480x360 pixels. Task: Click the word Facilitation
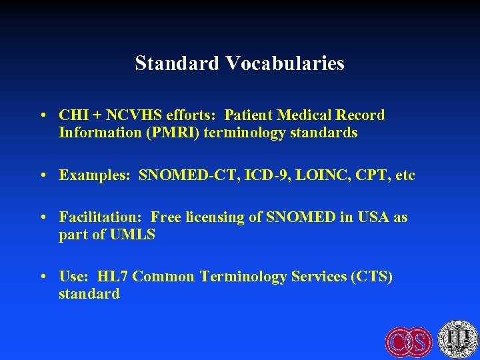pyautogui.click(x=100, y=217)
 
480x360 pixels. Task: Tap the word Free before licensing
pyautogui.click(x=166, y=217)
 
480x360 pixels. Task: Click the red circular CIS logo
pyautogui.click(x=409, y=342)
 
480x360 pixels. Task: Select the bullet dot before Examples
pyautogui.click(x=43, y=176)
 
